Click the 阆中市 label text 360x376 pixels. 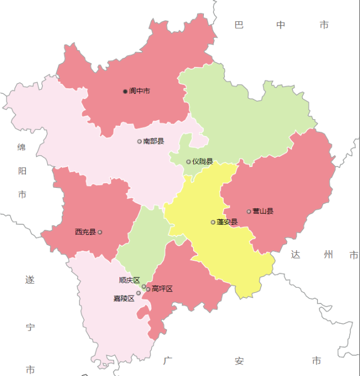pos(139,91)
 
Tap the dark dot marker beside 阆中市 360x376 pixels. pos(125,91)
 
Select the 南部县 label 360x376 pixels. pos(153,141)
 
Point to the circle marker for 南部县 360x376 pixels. pos(139,141)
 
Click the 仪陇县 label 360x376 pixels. pos(202,161)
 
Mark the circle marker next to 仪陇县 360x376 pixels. pos(189,162)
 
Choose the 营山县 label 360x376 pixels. pos(263,211)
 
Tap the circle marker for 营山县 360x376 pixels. pos(249,211)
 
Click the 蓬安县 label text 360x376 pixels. pos(227,222)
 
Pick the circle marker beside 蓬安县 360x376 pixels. pos(213,222)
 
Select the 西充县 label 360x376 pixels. pos(85,232)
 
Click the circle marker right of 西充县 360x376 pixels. pos(100,232)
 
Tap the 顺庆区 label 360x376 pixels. pos(129,280)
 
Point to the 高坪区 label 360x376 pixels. pos(162,289)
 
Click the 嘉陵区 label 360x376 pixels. pos(124,298)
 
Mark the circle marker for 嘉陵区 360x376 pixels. pos(139,293)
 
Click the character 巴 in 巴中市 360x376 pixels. pos(239,25)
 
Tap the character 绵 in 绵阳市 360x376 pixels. pos(22,147)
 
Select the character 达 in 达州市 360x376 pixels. pos(296,255)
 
